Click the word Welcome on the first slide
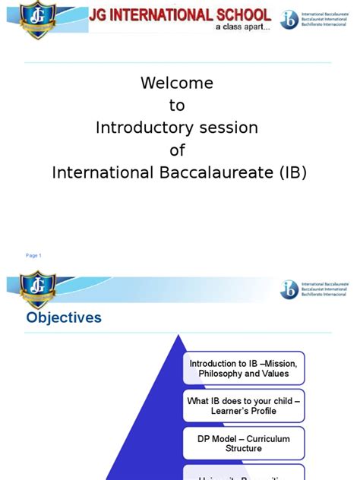177,83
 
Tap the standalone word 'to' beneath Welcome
177,105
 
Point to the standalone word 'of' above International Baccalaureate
177,150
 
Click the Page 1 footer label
33,255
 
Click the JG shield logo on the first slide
35,18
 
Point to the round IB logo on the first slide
289,19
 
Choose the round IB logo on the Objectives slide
289,289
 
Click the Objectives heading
64,317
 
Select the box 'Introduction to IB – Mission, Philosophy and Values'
243,368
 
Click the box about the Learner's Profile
243,406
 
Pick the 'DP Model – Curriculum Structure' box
243,444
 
